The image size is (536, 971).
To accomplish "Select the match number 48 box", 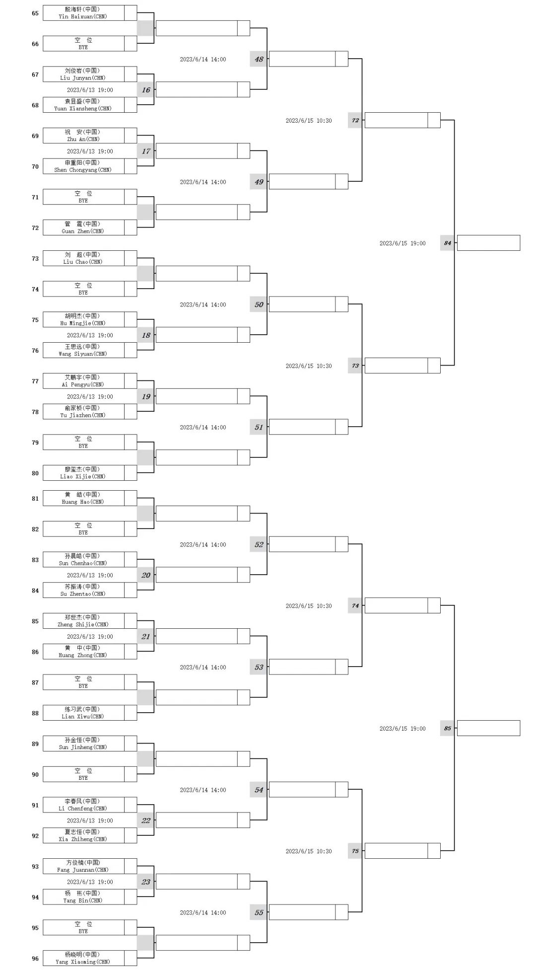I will pyautogui.click(x=259, y=59).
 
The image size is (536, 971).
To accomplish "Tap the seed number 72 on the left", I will pyautogui.click(x=35, y=228).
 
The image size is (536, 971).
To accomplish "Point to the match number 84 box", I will pyautogui.click(x=447, y=243).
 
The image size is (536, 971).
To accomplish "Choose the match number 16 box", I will pyautogui.click(x=145, y=90).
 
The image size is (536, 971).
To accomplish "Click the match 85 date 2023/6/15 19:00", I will pyautogui.click(x=402, y=729).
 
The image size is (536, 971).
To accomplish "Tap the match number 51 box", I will pyautogui.click(x=259, y=427).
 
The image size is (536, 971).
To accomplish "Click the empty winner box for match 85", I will pyautogui.click(x=488, y=728).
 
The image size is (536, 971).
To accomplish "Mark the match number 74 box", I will pyautogui.click(x=355, y=605).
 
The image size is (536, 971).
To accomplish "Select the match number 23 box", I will pyautogui.click(x=145, y=882).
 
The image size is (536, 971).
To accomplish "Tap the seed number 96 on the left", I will pyautogui.click(x=35, y=959).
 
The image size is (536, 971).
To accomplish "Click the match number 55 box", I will pyautogui.click(x=259, y=912).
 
